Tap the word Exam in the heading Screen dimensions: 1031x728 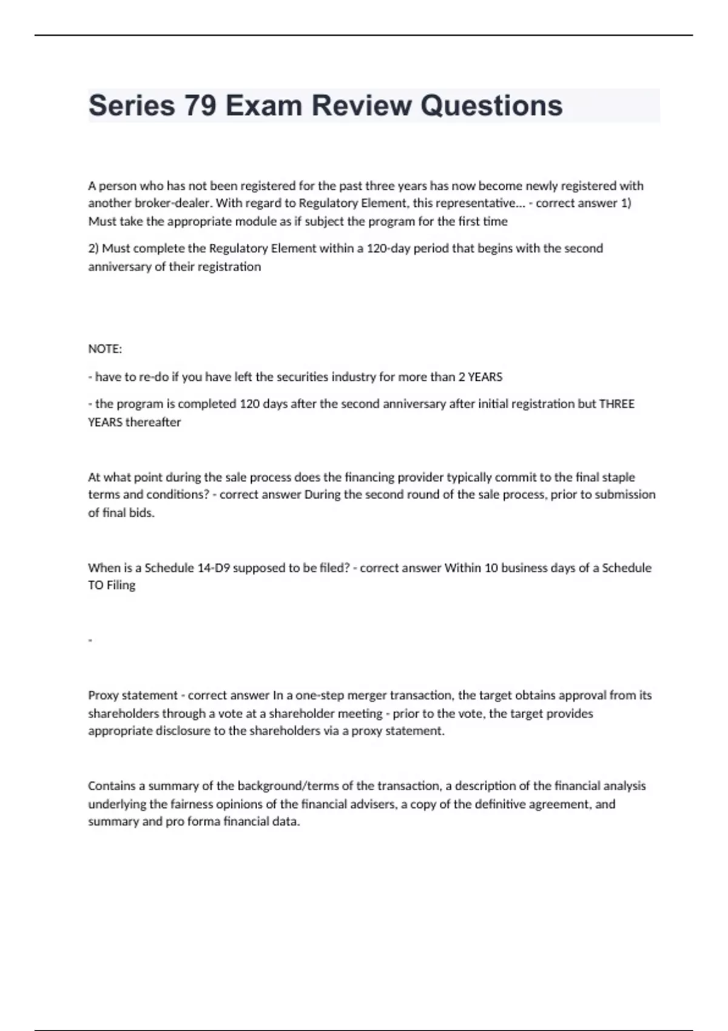pos(263,106)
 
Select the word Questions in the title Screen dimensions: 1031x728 pos(491,106)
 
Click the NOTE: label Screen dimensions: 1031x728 pos(105,349)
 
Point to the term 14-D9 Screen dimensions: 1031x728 pos(214,568)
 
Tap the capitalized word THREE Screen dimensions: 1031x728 pos(616,404)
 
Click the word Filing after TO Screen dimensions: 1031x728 pos(121,585)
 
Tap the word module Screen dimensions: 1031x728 pos(255,221)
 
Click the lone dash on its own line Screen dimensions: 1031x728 pos(90,640)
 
